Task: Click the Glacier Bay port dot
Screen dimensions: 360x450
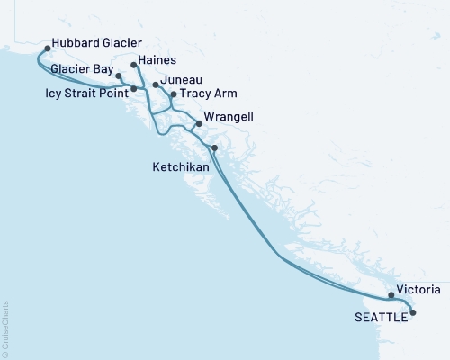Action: (x=119, y=77)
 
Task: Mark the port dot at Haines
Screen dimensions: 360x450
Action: (x=133, y=66)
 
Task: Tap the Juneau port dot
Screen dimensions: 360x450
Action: (x=156, y=85)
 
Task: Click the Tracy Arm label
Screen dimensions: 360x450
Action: (x=210, y=94)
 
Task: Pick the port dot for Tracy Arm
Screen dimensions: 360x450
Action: (x=174, y=94)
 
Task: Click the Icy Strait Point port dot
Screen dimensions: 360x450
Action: (x=134, y=89)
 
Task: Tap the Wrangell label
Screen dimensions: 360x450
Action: (x=229, y=117)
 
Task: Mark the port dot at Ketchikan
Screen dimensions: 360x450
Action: (x=214, y=148)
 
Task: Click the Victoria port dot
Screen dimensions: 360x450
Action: (x=391, y=295)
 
